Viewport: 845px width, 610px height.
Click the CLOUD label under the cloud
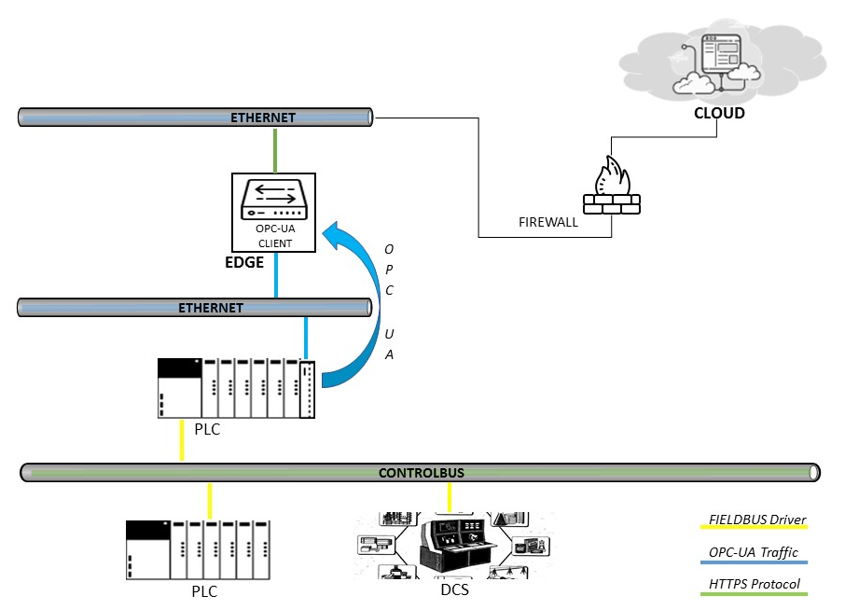719,113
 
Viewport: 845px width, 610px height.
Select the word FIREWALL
548,223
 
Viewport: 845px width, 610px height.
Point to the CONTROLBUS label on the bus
421,473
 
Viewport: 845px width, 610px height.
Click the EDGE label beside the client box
244,262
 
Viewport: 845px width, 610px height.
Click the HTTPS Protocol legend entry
755,585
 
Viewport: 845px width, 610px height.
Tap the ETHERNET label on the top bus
263,118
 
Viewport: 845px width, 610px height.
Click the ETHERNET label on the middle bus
211,308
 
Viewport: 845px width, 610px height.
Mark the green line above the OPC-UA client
275,150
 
